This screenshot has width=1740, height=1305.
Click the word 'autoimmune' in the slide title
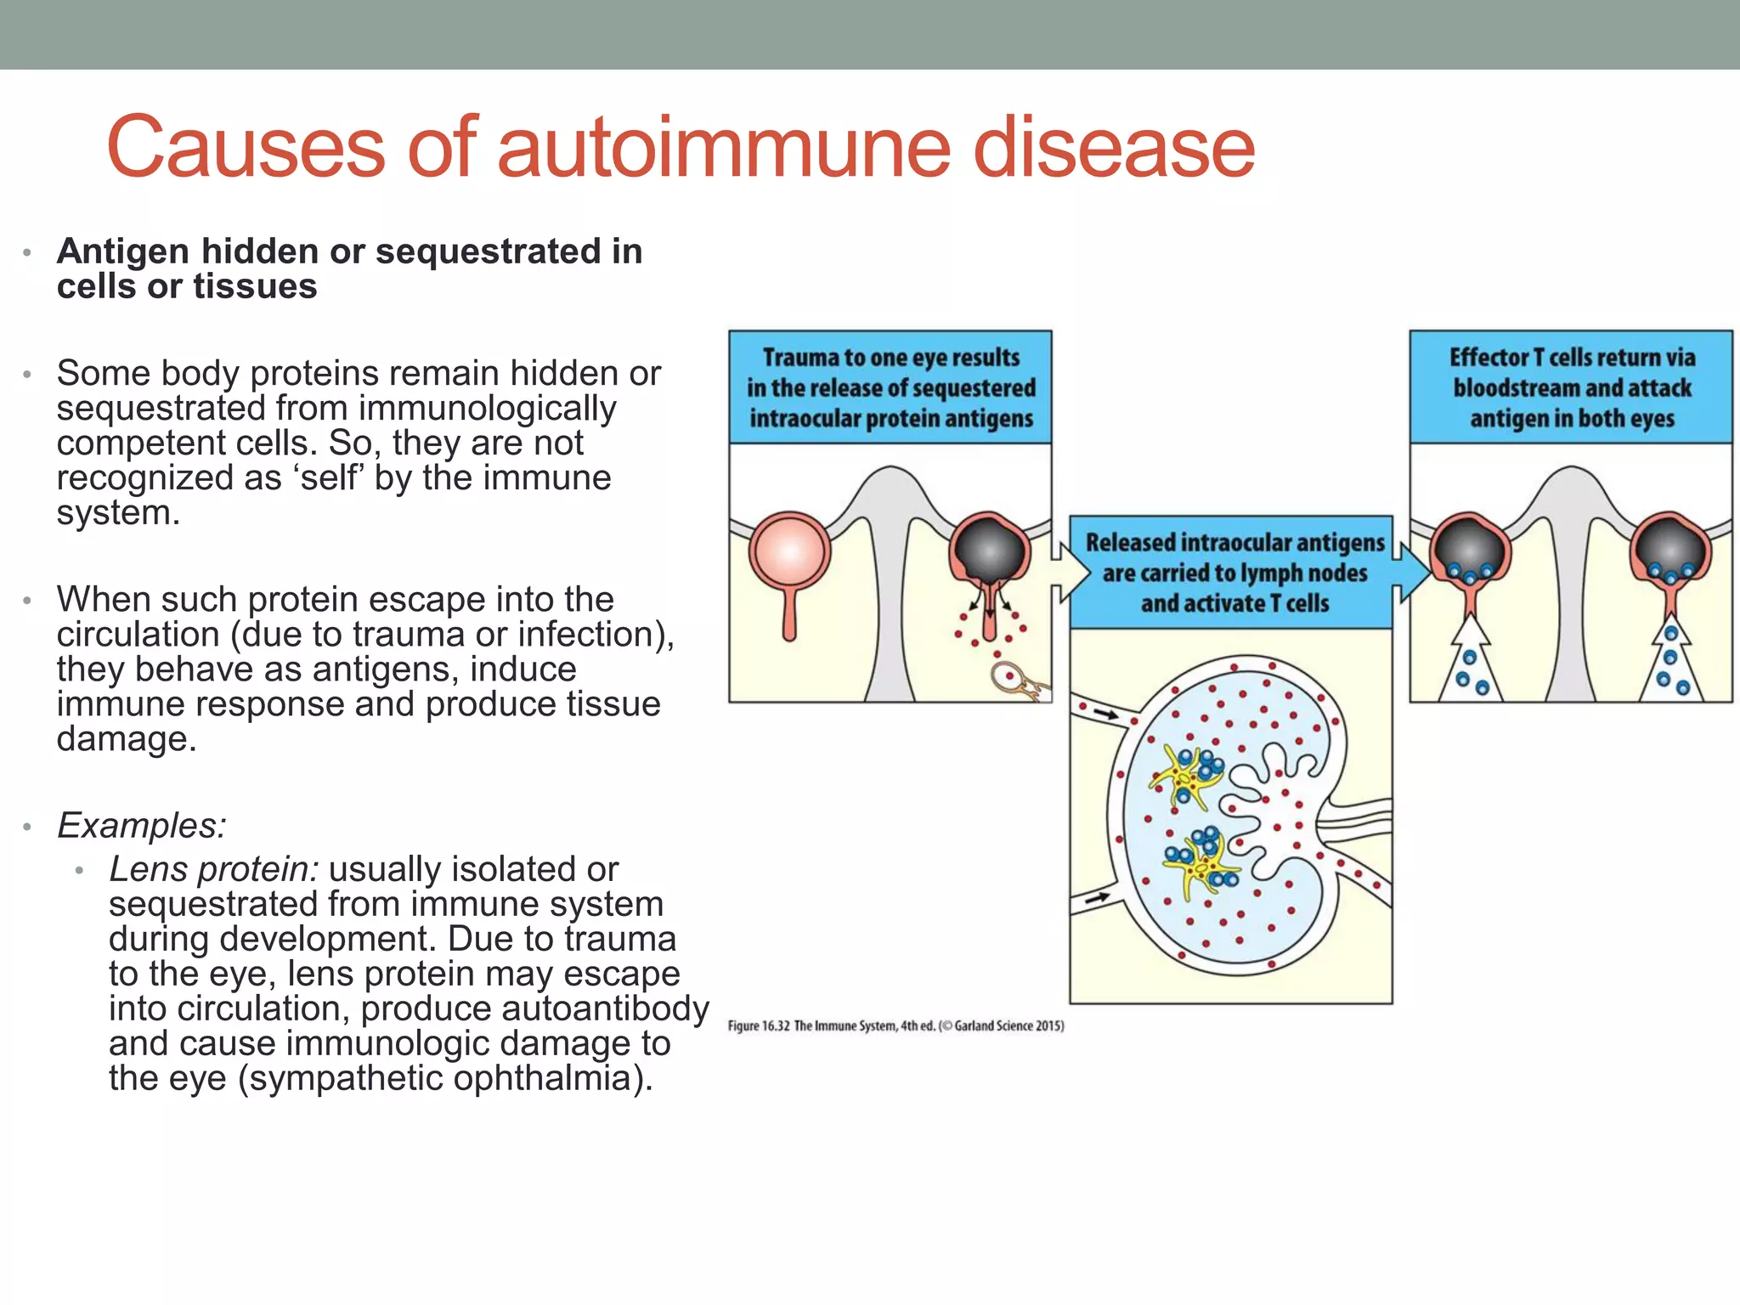pyautogui.click(x=722, y=148)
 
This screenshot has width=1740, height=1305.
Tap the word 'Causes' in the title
pyautogui.click(x=246, y=148)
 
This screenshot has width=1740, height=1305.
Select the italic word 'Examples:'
pyautogui.click(x=142, y=825)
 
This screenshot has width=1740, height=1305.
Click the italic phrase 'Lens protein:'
pyautogui.click(x=213, y=869)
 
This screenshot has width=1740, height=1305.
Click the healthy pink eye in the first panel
pyautogui.click(x=789, y=551)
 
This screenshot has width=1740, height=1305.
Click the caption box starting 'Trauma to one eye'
pyautogui.click(x=890, y=387)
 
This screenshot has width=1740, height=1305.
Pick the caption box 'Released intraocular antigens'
pyautogui.click(x=1231, y=572)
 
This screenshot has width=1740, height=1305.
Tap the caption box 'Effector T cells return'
pyautogui.click(x=1571, y=387)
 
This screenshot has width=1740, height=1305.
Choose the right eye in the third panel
pyautogui.click(x=1669, y=548)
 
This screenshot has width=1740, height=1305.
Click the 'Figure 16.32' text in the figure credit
pyautogui.click(x=759, y=1026)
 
